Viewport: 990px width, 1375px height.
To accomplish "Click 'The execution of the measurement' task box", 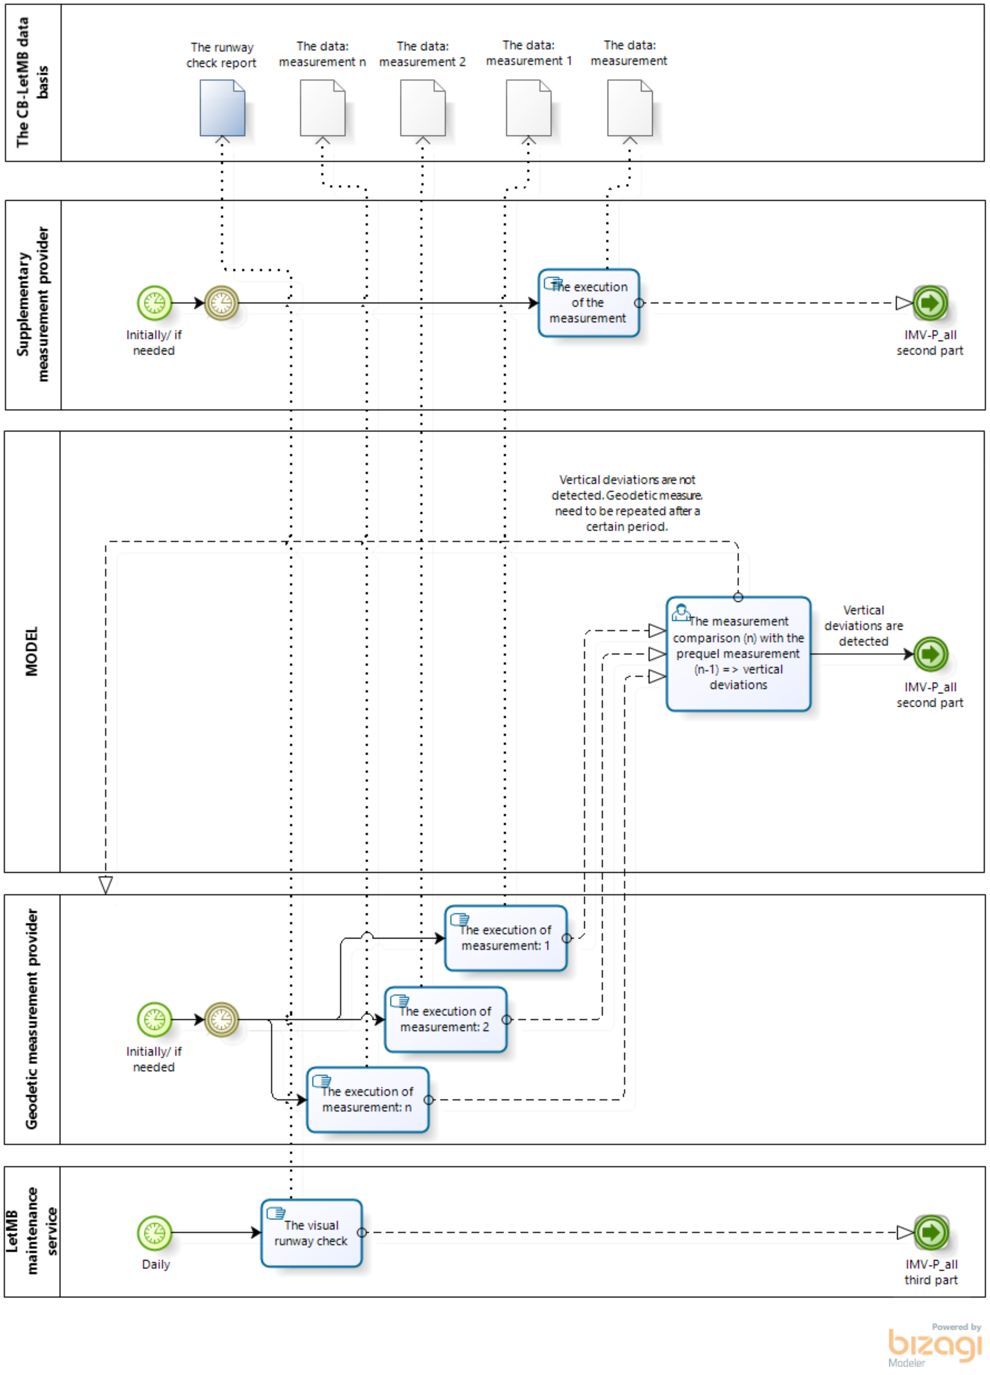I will (588, 302).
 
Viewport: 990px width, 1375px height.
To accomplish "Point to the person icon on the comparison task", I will (680, 612).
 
